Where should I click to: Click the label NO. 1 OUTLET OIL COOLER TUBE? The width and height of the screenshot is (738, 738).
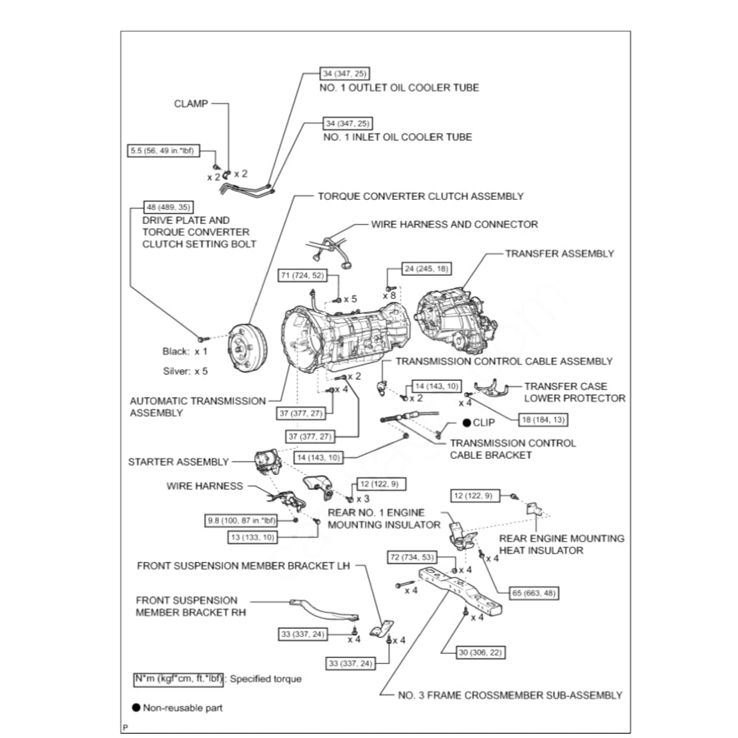[400, 87]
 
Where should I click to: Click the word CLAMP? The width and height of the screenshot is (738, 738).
[191, 104]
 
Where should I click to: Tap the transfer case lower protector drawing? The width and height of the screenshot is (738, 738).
[491, 389]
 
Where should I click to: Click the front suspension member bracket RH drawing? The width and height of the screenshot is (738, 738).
[323, 607]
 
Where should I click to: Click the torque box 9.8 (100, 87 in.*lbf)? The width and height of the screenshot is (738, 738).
[247, 521]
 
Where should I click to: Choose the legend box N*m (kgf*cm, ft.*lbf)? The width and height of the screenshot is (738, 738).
[178, 679]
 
